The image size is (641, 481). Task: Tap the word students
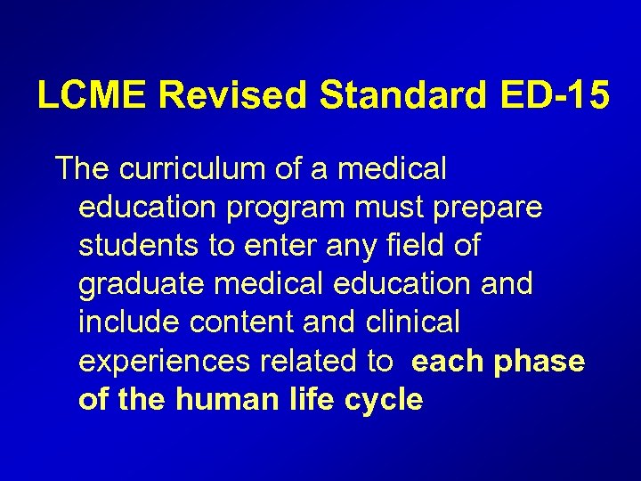139,246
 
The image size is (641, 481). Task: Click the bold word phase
541,361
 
